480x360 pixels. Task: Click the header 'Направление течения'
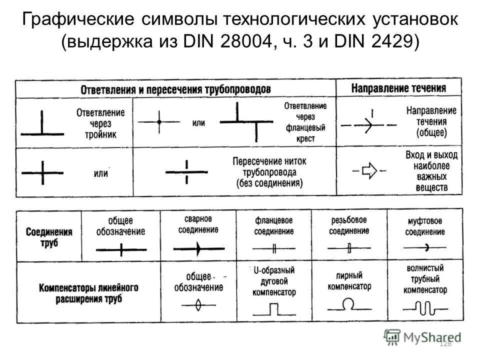point(398,88)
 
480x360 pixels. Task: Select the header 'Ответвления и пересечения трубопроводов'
point(175,89)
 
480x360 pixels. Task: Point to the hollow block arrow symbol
point(369,171)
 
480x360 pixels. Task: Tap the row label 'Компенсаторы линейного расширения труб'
point(88,293)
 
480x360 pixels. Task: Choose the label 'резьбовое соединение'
point(349,225)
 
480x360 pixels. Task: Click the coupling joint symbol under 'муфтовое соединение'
point(425,247)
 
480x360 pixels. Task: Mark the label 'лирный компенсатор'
point(349,281)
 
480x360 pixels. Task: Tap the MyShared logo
point(422,336)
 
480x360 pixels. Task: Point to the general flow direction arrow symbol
point(369,123)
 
